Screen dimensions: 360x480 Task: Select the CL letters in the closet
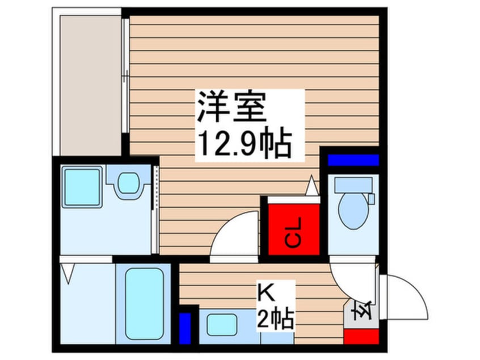point(293,233)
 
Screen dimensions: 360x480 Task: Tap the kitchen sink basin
point(222,324)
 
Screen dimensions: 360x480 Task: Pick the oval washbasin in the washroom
point(128,183)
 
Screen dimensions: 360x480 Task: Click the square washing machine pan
point(82,187)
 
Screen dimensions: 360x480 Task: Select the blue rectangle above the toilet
point(353,160)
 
